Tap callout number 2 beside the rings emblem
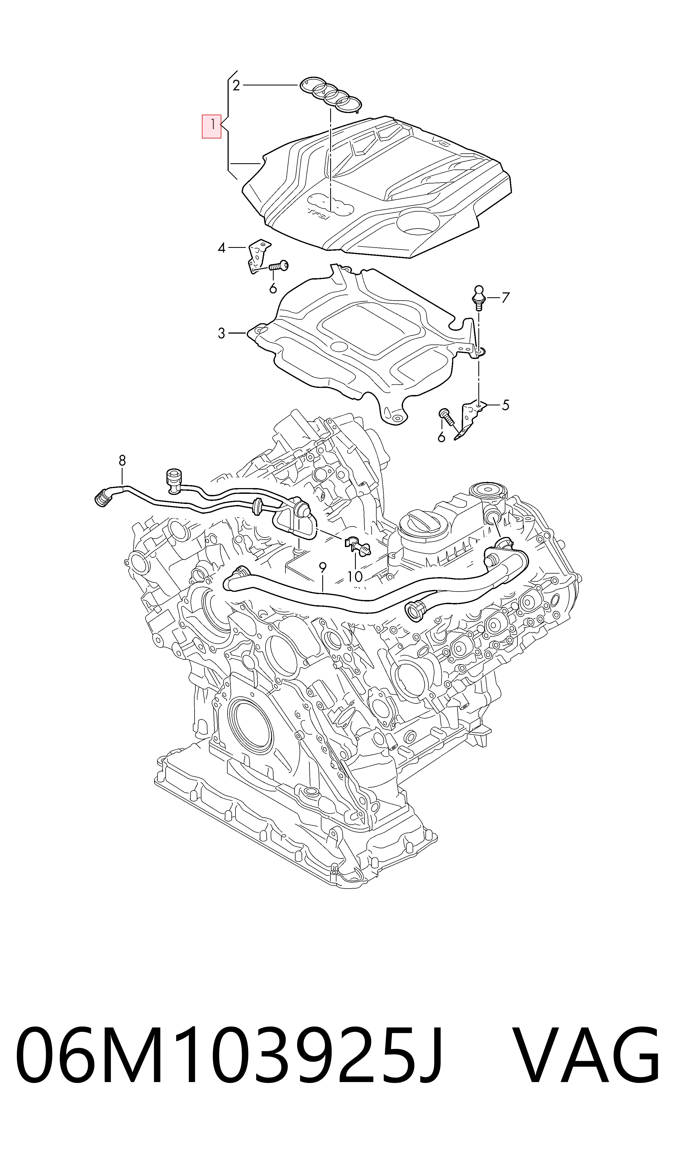(x=236, y=85)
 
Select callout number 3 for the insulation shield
(x=222, y=334)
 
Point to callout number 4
(x=222, y=248)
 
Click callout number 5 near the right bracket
(x=505, y=405)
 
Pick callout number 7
(x=505, y=298)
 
